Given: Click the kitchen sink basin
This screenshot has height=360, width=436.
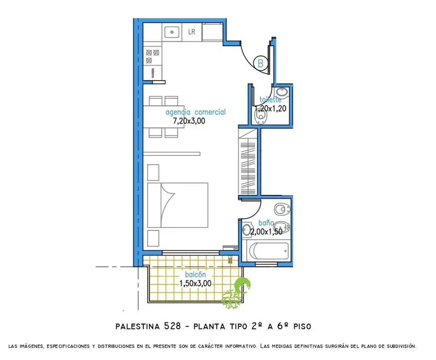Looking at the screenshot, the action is click(x=172, y=32).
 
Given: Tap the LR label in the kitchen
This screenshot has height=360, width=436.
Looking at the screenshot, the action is click(x=192, y=32).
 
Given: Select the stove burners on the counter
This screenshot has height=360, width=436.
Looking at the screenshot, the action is click(x=153, y=56).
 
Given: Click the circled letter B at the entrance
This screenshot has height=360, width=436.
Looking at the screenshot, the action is click(x=261, y=63).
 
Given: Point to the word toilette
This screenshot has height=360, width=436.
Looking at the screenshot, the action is click(x=270, y=100).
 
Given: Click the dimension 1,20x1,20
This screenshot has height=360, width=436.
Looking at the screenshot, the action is click(x=270, y=108).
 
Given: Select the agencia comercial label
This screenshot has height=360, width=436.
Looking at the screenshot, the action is click(x=196, y=112).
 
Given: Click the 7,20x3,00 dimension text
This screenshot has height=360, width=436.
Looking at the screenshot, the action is click(x=189, y=121).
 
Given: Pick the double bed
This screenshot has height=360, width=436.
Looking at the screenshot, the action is click(x=178, y=205).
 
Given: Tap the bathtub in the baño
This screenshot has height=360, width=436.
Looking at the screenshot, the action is click(x=268, y=252).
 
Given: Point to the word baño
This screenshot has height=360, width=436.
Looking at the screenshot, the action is click(x=266, y=223).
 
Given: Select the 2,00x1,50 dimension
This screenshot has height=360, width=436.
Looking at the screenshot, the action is click(x=267, y=231).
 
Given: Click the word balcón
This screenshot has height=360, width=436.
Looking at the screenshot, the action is click(x=196, y=274).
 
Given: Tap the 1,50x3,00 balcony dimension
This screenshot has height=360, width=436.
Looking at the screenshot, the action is click(x=195, y=284).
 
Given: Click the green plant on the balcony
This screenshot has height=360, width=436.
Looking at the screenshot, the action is click(x=237, y=294).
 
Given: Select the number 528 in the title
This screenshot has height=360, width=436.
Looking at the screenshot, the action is click(x=172, y=326).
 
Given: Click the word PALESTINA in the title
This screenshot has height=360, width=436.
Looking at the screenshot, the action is click(x=138, y=326).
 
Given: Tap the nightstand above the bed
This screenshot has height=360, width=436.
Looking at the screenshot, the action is click(x=153, y=173).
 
